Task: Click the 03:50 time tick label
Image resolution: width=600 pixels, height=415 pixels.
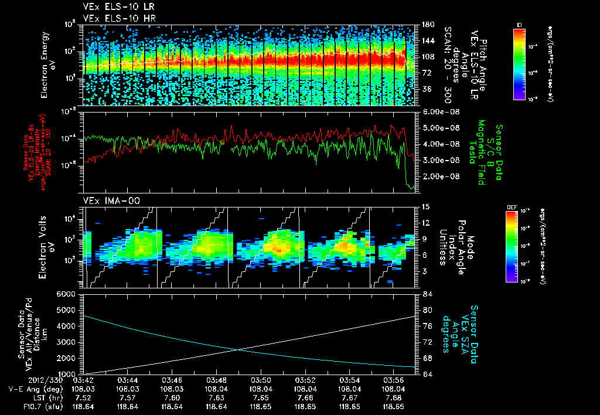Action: pos(260,379)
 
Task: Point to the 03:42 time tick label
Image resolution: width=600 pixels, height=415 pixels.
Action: pos(84,379)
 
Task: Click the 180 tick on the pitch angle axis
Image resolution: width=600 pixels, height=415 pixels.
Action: pos(427,24)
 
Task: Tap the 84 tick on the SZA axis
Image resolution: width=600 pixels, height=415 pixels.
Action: pos(425,294)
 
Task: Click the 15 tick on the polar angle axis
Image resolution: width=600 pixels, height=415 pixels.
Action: pos(425,207)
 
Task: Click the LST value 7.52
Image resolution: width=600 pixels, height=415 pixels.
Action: pos(84,397)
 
